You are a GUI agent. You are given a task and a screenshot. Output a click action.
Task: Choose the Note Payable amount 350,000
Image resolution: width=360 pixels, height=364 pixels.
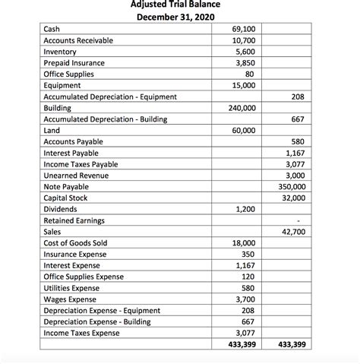292,186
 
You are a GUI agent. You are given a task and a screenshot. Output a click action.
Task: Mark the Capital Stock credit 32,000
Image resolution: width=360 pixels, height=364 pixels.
295,198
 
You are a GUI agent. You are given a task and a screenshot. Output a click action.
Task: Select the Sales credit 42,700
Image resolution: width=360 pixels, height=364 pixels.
295,231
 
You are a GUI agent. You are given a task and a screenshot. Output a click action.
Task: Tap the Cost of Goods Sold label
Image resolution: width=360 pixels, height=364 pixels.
76,242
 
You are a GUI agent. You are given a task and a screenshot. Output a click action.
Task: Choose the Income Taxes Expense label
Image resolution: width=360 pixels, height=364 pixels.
81,333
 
